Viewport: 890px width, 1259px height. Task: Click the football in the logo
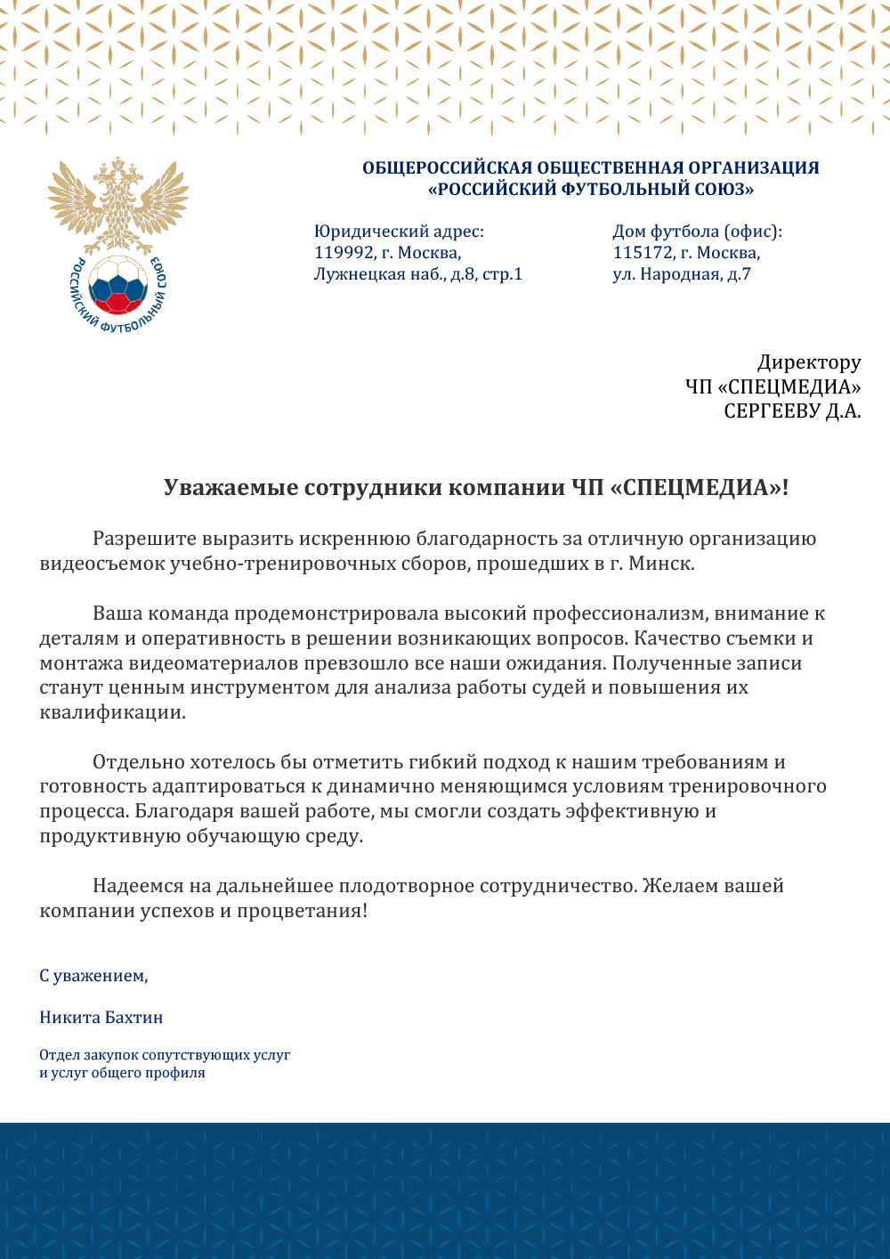[118, 285]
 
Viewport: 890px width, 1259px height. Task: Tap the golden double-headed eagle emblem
[117, 205]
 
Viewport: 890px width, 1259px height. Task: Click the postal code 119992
[344, 253]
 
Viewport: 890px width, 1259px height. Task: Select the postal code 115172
[643, 253]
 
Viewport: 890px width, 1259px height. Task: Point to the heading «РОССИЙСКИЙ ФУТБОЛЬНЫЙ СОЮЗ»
[591, 190]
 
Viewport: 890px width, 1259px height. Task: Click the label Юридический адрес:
[399, 231]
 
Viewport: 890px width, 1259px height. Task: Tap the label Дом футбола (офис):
[697, 231]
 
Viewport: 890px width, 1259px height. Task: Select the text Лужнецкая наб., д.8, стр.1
[418, 274]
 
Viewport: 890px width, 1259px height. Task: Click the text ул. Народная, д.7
[681, 274]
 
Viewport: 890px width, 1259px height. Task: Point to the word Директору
[809, 362]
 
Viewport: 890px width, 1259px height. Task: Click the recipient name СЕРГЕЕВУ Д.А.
[792, 411]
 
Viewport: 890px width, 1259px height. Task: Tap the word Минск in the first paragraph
[659, 564]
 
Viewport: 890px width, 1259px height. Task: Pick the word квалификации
[112, 712]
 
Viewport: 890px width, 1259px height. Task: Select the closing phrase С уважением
[93, 976]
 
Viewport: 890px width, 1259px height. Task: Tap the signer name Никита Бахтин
[101, 1018]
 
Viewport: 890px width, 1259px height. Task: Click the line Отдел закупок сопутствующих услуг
[165, 1055]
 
